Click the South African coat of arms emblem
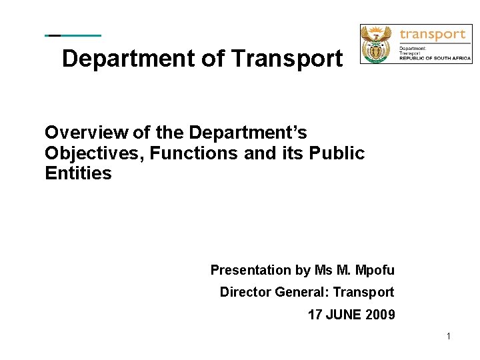coord(379,44)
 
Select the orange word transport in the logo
coord(432,35)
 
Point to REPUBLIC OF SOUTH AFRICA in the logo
coord(435,59)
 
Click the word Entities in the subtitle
coord(78,174)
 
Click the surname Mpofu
coord(375,270)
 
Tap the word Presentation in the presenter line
coord(251,270)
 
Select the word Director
coord(245,292)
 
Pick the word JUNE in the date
coord(342,314)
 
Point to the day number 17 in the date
coord(315,314)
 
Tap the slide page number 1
coord(449,337)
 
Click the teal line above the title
coord(73,35)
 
